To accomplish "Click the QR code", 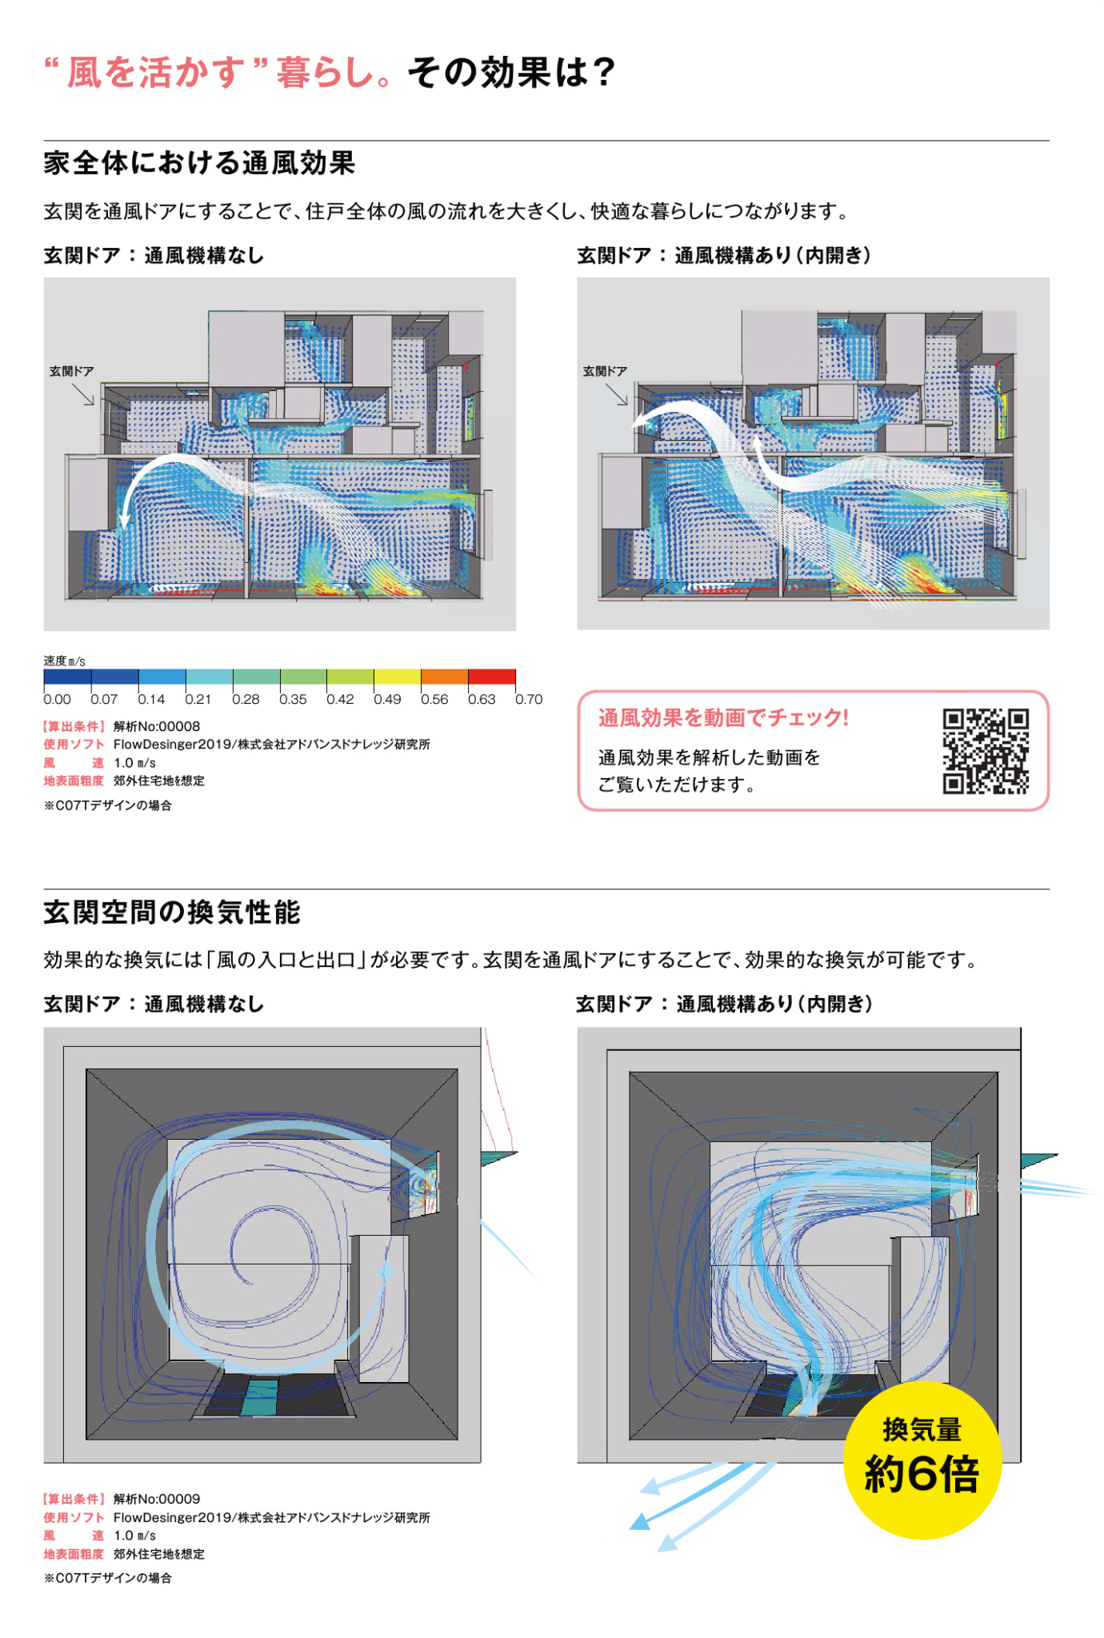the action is coord(986,751).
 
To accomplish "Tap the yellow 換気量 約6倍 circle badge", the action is coord(922,1460).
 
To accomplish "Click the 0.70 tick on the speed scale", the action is coord(529,699).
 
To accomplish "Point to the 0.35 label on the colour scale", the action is coord(293,699).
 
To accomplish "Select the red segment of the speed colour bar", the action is coord(492,677).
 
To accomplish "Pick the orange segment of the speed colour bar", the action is coord(445,677).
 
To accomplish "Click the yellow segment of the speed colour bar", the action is coord(398,677).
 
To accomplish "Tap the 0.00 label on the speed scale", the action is coord(57,699).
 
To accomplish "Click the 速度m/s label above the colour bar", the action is coord(64,661).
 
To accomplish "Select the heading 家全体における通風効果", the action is coord(199,163).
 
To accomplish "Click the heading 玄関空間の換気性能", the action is coord(172,912).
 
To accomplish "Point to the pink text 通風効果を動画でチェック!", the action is coord(723,717).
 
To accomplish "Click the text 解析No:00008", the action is coord(157,726).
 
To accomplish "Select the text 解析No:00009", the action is coord(157,1499).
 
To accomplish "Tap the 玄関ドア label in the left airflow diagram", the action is coord(72,371).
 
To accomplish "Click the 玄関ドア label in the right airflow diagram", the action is coord(605,371).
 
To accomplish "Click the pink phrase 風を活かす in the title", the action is coord(155,72).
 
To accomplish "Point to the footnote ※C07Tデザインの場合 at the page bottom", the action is coord(108,1578).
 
